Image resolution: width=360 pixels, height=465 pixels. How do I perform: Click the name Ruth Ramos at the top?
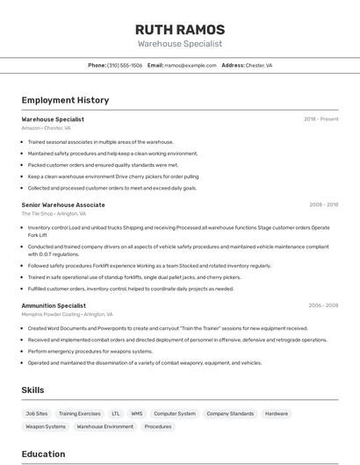click(x=179, y=29)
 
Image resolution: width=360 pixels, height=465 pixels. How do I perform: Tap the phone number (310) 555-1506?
click(x=125, y=65)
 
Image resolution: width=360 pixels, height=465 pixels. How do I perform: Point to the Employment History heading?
click(x=65, y=100)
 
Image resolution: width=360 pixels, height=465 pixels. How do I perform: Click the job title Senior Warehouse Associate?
click(x=63, y=204)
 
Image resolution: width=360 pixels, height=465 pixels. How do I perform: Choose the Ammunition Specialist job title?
click(x=54, y=305)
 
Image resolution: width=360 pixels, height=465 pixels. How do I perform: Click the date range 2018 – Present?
click(x=320, y=119)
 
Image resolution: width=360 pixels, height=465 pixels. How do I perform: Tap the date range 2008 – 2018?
click(x=323, y=204)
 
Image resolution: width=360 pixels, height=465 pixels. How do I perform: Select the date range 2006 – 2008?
click(x=323, y=305)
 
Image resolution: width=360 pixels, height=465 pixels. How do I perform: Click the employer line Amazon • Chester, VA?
click(x=46, y=128)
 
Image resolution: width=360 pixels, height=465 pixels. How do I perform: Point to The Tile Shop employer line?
click(x=54, y=213)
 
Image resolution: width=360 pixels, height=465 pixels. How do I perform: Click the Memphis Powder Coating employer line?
click(x=68, y=314)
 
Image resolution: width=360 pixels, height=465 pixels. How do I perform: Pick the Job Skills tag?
click(x=37, y=413)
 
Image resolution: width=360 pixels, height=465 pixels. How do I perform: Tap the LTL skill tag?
click(x=116, y=413)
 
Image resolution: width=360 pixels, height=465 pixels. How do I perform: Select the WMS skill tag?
click(x=137, y=413)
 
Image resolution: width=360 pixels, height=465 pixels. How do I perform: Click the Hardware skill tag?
click(x=277, y=413)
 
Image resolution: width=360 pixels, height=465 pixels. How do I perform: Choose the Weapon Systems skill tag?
click(x=46, y=426)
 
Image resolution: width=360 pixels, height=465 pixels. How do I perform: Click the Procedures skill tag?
click(x=158, y=426)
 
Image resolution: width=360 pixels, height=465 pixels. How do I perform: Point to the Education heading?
click(x=43, y=454)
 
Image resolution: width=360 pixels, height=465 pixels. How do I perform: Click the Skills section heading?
click(x=32, y=390)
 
